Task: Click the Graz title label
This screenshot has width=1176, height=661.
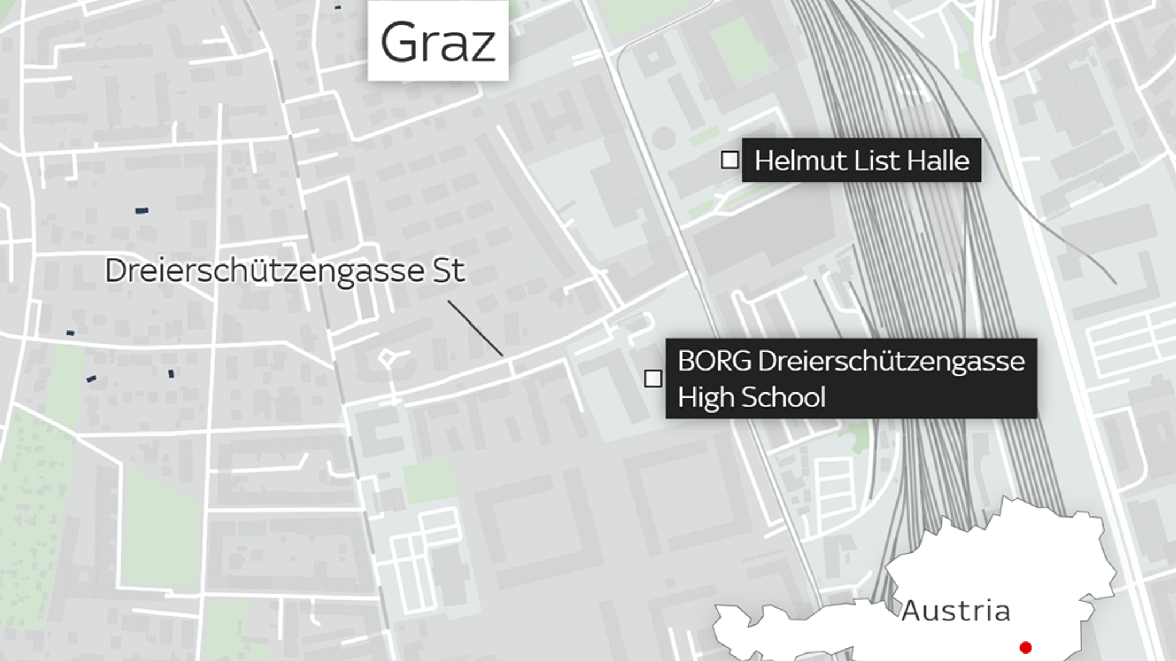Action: (438, 42)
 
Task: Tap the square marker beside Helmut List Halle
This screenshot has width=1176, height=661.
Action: (730, 160)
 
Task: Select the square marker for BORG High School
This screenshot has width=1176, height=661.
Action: (653, 379)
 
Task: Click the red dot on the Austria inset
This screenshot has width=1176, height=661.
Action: (1026, 648)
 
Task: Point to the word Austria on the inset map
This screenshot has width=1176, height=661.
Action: (955, 611)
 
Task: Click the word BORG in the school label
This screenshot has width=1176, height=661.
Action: (714, 361)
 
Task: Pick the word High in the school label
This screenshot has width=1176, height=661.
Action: (702, 398)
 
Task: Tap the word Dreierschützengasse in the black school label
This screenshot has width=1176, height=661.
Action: (891, 361)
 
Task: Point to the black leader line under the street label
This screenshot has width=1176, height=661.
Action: (475, 328)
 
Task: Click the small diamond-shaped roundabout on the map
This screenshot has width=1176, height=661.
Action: (387, 359)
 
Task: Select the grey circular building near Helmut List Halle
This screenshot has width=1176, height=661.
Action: (664, 139)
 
